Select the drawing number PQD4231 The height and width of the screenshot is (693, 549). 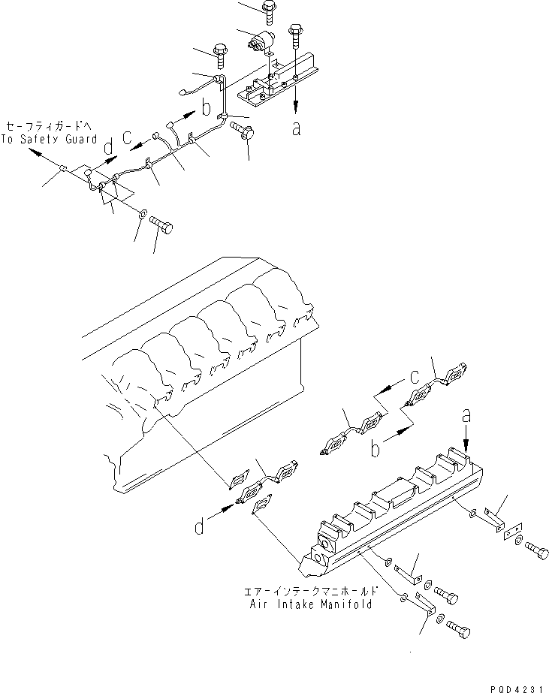(x=516, y=685)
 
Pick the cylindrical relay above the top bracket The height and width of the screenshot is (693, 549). (x=263, y=41)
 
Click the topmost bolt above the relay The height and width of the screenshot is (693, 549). (x=268, y=10)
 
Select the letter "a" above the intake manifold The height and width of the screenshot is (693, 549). (x=466, y=414)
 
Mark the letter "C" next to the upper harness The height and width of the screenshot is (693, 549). (x=128, y=137)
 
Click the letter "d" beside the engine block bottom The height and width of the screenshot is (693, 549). (x=199, y=528)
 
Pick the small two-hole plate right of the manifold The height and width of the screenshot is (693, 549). (x=512, y=534)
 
